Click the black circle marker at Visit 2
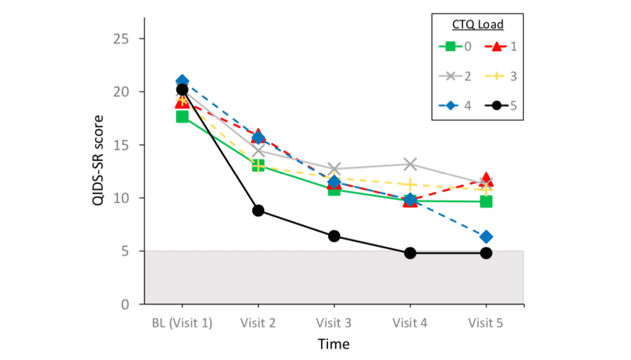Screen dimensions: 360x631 [x=258, y=210]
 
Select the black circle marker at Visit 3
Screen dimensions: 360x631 [x=334, y=236]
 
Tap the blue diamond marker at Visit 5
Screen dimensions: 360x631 [x=486, y=237]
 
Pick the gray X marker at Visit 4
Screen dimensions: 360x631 [x=410, y=164]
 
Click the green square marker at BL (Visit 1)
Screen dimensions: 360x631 [x=182, y=117]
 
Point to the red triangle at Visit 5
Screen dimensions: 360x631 [x=486, y=180]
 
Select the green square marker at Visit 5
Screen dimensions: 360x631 [x=486, y=201]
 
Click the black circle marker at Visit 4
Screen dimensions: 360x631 [x=410, y=253]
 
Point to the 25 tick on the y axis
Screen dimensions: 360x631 [x=127, y=38]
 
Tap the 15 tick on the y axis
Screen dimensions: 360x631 [x=127, y=145]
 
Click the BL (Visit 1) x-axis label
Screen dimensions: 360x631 [x=182, y=322]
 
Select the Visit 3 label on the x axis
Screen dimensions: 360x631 [x=334, y=322]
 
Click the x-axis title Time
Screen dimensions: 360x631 [x=334, y=345]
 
